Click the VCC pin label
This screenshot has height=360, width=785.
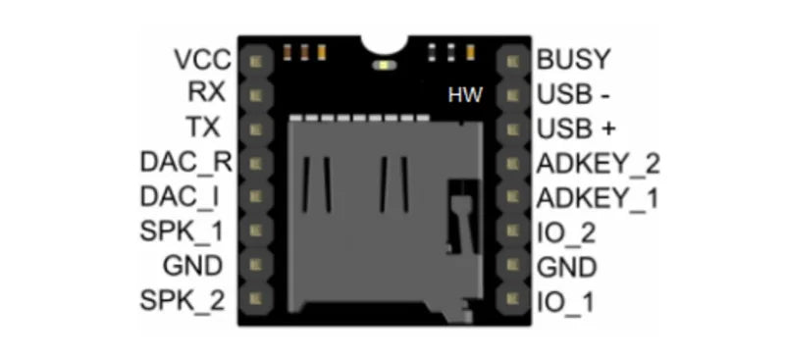coord(202,60)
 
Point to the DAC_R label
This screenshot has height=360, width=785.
coord(186,162)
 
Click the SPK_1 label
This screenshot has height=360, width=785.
coord(186,231)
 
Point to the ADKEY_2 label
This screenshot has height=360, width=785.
coord(599,164)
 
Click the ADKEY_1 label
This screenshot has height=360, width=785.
coord(599,198)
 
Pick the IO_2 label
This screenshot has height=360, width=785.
coord(566,232)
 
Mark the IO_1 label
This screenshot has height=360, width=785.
coord(566,301)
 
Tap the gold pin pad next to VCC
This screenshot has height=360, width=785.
coord(257,61)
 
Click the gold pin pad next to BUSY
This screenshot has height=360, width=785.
coord(511,61)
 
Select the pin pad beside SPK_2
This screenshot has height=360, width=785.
coord(257,297)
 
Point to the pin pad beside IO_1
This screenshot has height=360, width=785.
coord(511,297)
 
